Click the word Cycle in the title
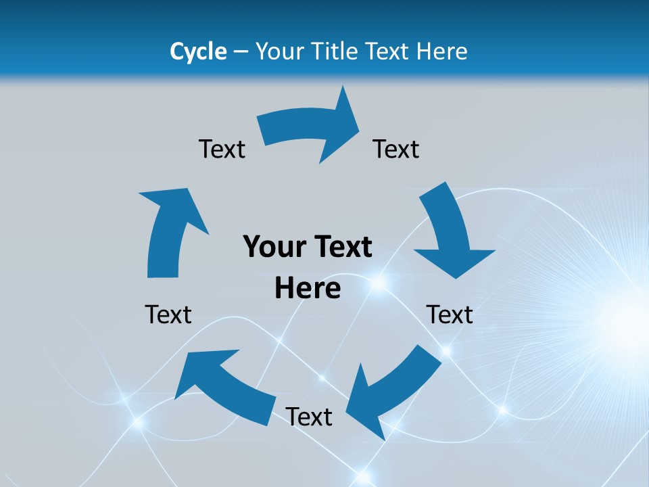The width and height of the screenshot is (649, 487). click(x=198, y=51)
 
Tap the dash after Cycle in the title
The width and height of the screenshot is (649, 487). click(x=241, y=52)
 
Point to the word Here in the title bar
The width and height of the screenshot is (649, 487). click(x=440, y=51)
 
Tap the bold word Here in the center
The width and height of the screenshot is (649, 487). click(x=308, y=289)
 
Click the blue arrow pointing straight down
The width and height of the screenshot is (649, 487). click(x=450, y=233)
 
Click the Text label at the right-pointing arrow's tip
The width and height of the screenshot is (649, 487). click(x=396, y=149)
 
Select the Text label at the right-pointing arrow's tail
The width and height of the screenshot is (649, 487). click(x=222, y=149)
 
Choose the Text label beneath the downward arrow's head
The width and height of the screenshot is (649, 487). click(x=450, y=315)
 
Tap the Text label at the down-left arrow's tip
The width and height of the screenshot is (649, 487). click(x=309, y=417)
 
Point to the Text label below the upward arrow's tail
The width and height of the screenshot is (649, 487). click(x=168, y=315)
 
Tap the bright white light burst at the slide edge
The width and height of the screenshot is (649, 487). click(x=625, y=318)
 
